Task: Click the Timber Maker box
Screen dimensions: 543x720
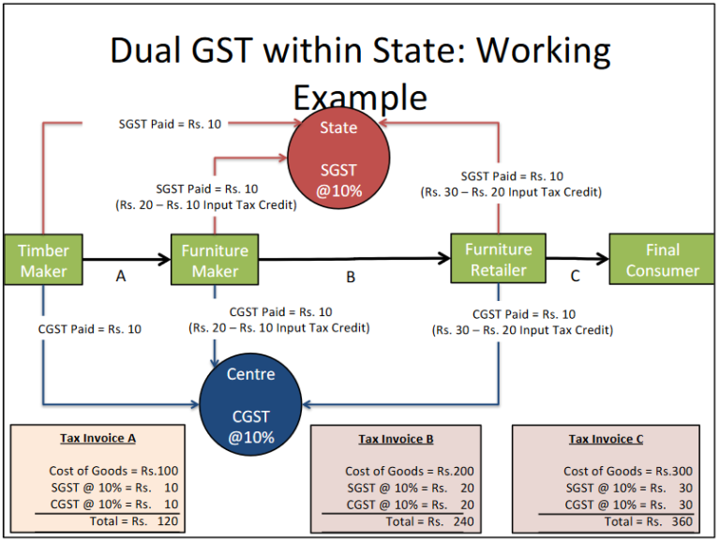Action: coord(43,260)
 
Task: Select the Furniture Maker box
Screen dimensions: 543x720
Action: coord(215,260)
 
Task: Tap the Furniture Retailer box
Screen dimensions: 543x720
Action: coord(498,259)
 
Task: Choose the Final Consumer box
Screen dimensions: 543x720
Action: coord(663,260)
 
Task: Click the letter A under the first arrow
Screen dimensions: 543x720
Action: coord(120,277)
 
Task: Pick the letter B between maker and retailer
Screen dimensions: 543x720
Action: coord(351,277)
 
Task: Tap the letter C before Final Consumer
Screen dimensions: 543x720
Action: coord(576,276)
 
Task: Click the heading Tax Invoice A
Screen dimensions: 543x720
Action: coord(98,438)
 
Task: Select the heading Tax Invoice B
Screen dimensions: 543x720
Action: coord(396,439)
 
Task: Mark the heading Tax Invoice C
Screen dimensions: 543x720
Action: coord(606,439)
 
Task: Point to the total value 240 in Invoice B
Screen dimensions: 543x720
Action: coord(460,521)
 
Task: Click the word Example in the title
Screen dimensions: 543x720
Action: coord(359,98)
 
